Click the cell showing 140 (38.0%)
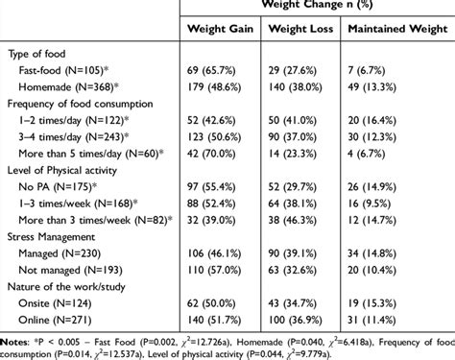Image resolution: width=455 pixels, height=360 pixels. click(298, 87)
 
